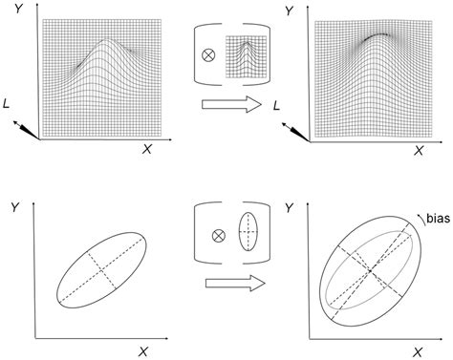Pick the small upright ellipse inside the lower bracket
[248, 232]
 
